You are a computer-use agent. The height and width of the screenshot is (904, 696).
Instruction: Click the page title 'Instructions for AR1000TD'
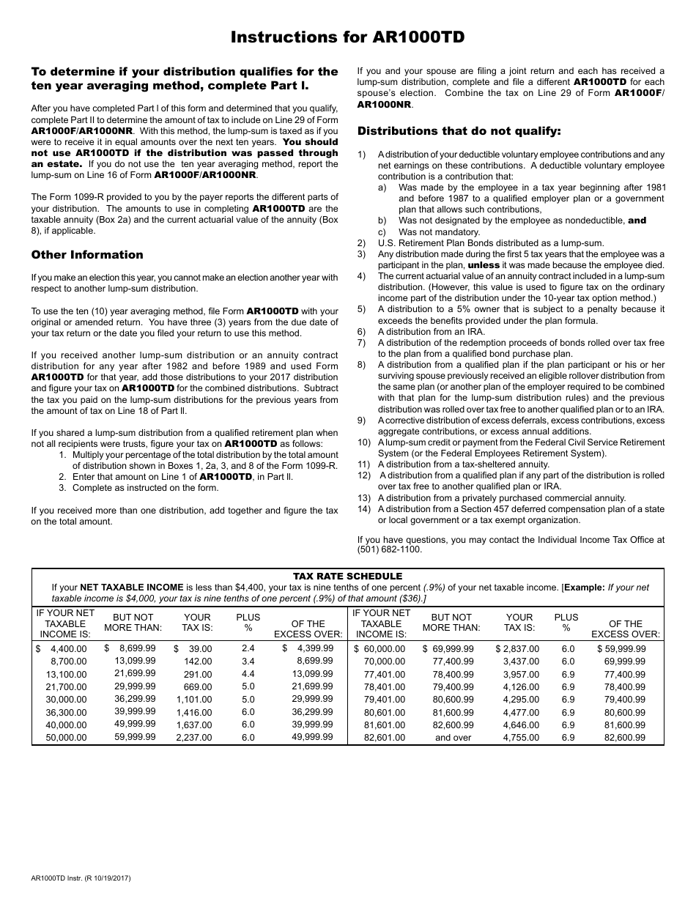[x=347, y=38]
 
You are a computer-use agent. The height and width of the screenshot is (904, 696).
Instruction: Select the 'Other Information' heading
[x=87, y=255]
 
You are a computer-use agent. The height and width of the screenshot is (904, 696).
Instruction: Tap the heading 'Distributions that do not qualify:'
[x=459, y=131]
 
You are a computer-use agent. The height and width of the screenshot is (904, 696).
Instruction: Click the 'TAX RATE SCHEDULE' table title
[x=347, y=576]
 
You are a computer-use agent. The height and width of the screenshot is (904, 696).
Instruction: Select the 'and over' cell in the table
[x=453, y=738]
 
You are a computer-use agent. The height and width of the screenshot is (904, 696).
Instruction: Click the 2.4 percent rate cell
[x=248, y=648]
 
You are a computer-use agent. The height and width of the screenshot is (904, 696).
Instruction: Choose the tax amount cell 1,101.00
[x=194, y=700]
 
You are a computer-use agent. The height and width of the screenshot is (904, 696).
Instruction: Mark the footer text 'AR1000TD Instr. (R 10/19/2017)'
[x=81, y=878]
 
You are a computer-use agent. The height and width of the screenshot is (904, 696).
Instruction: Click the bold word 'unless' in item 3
[x=484, y=265]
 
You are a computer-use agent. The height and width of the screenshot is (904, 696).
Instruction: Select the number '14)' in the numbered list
[x=364, y=509]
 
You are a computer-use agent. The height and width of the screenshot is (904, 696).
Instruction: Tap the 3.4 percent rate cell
[x=248, y=661]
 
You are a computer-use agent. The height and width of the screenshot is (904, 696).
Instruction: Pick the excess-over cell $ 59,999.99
[x=621, y=648]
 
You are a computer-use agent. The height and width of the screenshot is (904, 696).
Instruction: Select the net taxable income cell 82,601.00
[x=380, y=738]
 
